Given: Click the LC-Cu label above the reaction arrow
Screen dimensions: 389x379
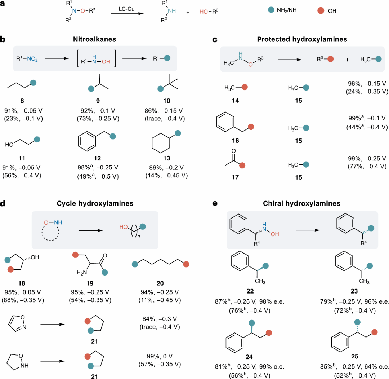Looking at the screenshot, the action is tap(126, 9).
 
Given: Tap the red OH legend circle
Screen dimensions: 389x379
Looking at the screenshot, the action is tap(321, 10).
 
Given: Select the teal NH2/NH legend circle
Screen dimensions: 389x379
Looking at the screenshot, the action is tap(271, 10).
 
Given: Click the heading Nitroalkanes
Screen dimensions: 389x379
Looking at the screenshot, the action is tap(94, 39).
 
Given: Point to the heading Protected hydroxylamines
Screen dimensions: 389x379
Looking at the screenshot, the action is tap(302, 39).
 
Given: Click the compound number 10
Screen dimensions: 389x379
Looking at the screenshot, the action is tap(167, 101).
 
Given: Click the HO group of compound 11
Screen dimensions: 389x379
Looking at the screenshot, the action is tap(9, 145).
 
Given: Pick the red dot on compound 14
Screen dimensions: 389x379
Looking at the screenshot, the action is tap(245, 87).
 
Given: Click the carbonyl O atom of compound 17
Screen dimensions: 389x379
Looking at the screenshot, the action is tap(233, 151).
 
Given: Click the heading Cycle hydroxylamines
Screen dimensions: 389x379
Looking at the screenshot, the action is tap(95, 203).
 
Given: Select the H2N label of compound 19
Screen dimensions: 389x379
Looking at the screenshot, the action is tap(82, 273).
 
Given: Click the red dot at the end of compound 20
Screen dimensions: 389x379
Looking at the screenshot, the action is tap(186, 264).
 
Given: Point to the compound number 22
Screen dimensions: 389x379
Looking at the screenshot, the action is tap(250, 291).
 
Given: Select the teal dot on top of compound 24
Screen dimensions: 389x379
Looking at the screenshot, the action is tap(251, 323).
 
